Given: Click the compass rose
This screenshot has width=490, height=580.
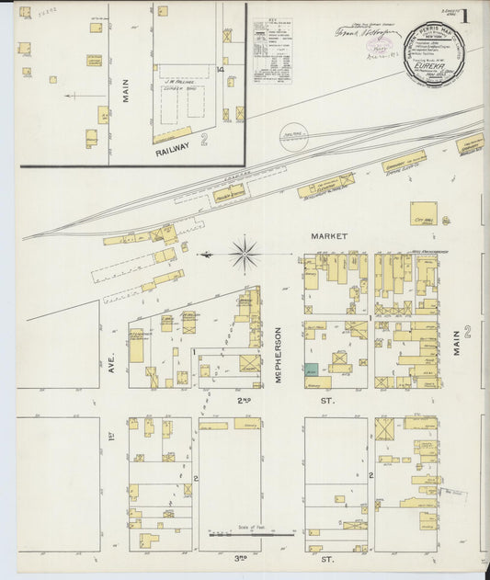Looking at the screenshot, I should (245, 254).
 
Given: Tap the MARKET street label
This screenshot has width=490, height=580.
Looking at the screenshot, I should (329, 236).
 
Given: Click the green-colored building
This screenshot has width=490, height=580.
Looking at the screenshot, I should (312, 369).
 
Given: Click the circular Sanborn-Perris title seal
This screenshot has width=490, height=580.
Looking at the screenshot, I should (434, 54).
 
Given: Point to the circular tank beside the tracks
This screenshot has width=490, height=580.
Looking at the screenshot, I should (293, 135).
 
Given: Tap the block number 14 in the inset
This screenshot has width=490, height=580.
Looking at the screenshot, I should (221, 69).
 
